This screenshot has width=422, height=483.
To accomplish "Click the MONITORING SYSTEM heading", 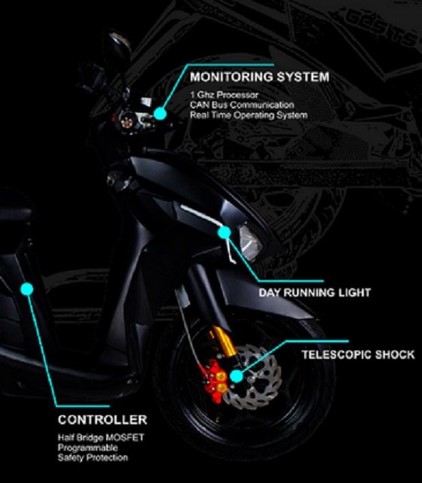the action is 259,77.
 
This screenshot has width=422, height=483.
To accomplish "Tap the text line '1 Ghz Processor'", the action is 224,95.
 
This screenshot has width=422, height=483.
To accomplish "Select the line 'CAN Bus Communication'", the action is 242,105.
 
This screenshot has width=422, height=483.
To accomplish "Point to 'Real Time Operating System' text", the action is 249,115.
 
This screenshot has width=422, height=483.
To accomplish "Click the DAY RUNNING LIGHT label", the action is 315,293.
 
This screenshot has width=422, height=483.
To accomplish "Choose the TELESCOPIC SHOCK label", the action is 358,354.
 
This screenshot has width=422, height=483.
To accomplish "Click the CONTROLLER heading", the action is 102,420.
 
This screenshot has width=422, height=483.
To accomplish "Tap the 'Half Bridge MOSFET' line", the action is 101,437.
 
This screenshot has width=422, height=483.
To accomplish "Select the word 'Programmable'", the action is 87,448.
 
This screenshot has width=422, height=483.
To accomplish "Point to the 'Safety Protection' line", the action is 93,457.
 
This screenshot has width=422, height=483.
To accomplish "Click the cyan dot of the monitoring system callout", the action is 160,113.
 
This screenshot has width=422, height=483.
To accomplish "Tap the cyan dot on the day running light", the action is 225,232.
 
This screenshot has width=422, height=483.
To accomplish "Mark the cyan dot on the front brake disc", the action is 237,376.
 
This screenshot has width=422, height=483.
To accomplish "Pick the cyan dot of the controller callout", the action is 27,289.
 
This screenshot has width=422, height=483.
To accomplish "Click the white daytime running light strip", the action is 200,213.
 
